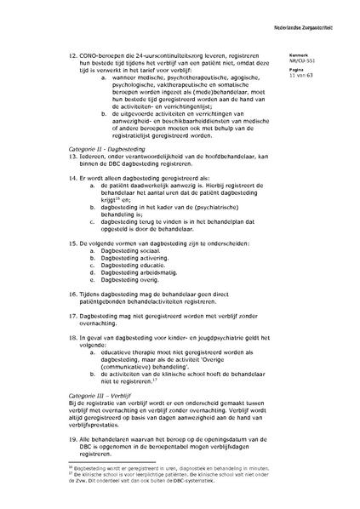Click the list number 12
pyautogui.click(x=71, y=54)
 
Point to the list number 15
pyautogui.click(x=71, y=243)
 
